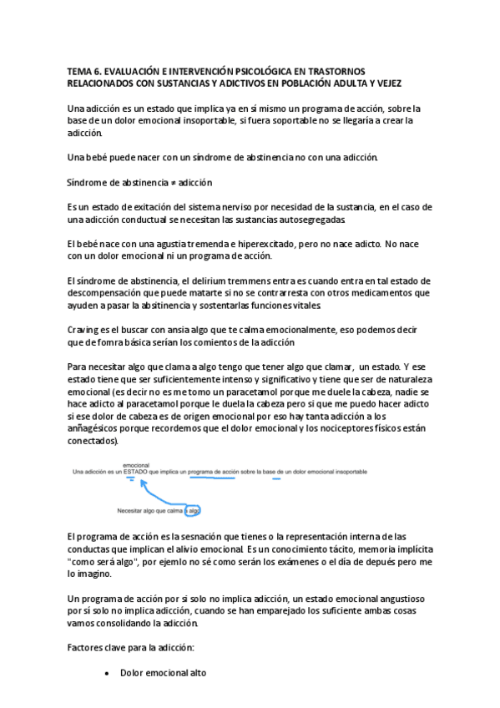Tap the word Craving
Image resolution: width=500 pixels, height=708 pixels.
pyautogui.click(x=84, y=330)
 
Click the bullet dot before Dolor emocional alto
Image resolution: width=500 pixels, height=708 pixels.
pyautogui.click(x=107, y=672)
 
